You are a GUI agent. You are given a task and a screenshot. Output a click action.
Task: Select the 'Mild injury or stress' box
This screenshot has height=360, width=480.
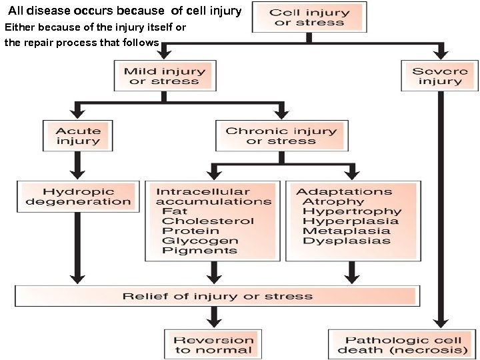[164, 76]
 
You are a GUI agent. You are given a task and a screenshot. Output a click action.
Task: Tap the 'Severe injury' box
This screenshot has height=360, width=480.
[439, 76]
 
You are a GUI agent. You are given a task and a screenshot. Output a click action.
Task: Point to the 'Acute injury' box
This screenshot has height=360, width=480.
[78, 136]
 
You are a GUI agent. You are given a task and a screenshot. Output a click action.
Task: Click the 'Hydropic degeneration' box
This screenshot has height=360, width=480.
[78, 197]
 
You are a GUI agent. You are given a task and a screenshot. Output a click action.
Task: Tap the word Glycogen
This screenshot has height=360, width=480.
[199, 241]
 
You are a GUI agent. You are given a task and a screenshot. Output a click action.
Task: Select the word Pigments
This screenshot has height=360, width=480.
[199, 251]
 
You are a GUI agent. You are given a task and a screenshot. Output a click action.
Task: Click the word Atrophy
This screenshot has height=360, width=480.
[334, 201]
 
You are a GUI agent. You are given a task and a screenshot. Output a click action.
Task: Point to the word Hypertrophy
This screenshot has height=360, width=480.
[351, 211]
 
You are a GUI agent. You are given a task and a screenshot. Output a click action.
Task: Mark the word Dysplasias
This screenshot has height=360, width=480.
[346, 241]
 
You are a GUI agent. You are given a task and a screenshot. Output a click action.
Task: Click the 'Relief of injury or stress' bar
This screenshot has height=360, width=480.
[217, 296]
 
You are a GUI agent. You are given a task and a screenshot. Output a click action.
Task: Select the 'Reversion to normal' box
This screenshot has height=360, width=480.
[213, 345]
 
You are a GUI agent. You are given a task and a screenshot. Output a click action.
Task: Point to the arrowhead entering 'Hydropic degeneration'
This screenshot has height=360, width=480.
[78, 175]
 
